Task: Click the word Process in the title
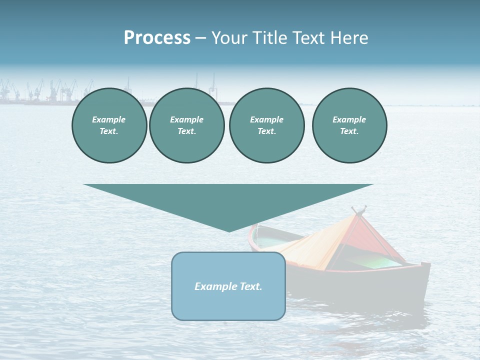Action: [x=157, y=38]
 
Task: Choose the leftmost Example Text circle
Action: [x=109, y=125]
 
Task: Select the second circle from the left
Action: [x=186, y=125]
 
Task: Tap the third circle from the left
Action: [x=266, y=125]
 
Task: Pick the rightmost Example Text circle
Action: [x=349, y=125]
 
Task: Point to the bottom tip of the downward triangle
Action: [x=229, y=231]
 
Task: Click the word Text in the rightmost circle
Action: [x=349, y=131]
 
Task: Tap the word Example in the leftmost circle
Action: [x=109, y=119]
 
